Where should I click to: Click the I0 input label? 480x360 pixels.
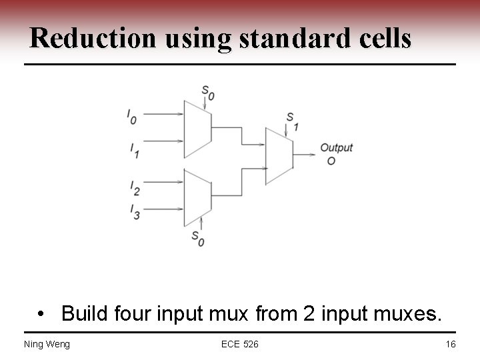(x=132, y=117)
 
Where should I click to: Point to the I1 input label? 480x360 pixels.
(x=134, y=151)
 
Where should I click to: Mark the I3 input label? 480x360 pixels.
(x=135, y=211)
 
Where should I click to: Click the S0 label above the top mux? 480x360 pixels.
(x=208, y=93)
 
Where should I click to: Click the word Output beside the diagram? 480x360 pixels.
(x=336, y=147)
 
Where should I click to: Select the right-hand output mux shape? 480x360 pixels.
(x=279, y=155)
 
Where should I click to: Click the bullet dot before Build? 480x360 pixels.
(x=42, y=313)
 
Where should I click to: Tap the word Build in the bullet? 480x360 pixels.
(x=84, y=312)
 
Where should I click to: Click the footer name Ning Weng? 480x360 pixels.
(x=47, y=344)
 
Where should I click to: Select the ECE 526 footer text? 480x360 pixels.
(x=240, y=344)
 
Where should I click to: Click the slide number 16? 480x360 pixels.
(x=451, y=344)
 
